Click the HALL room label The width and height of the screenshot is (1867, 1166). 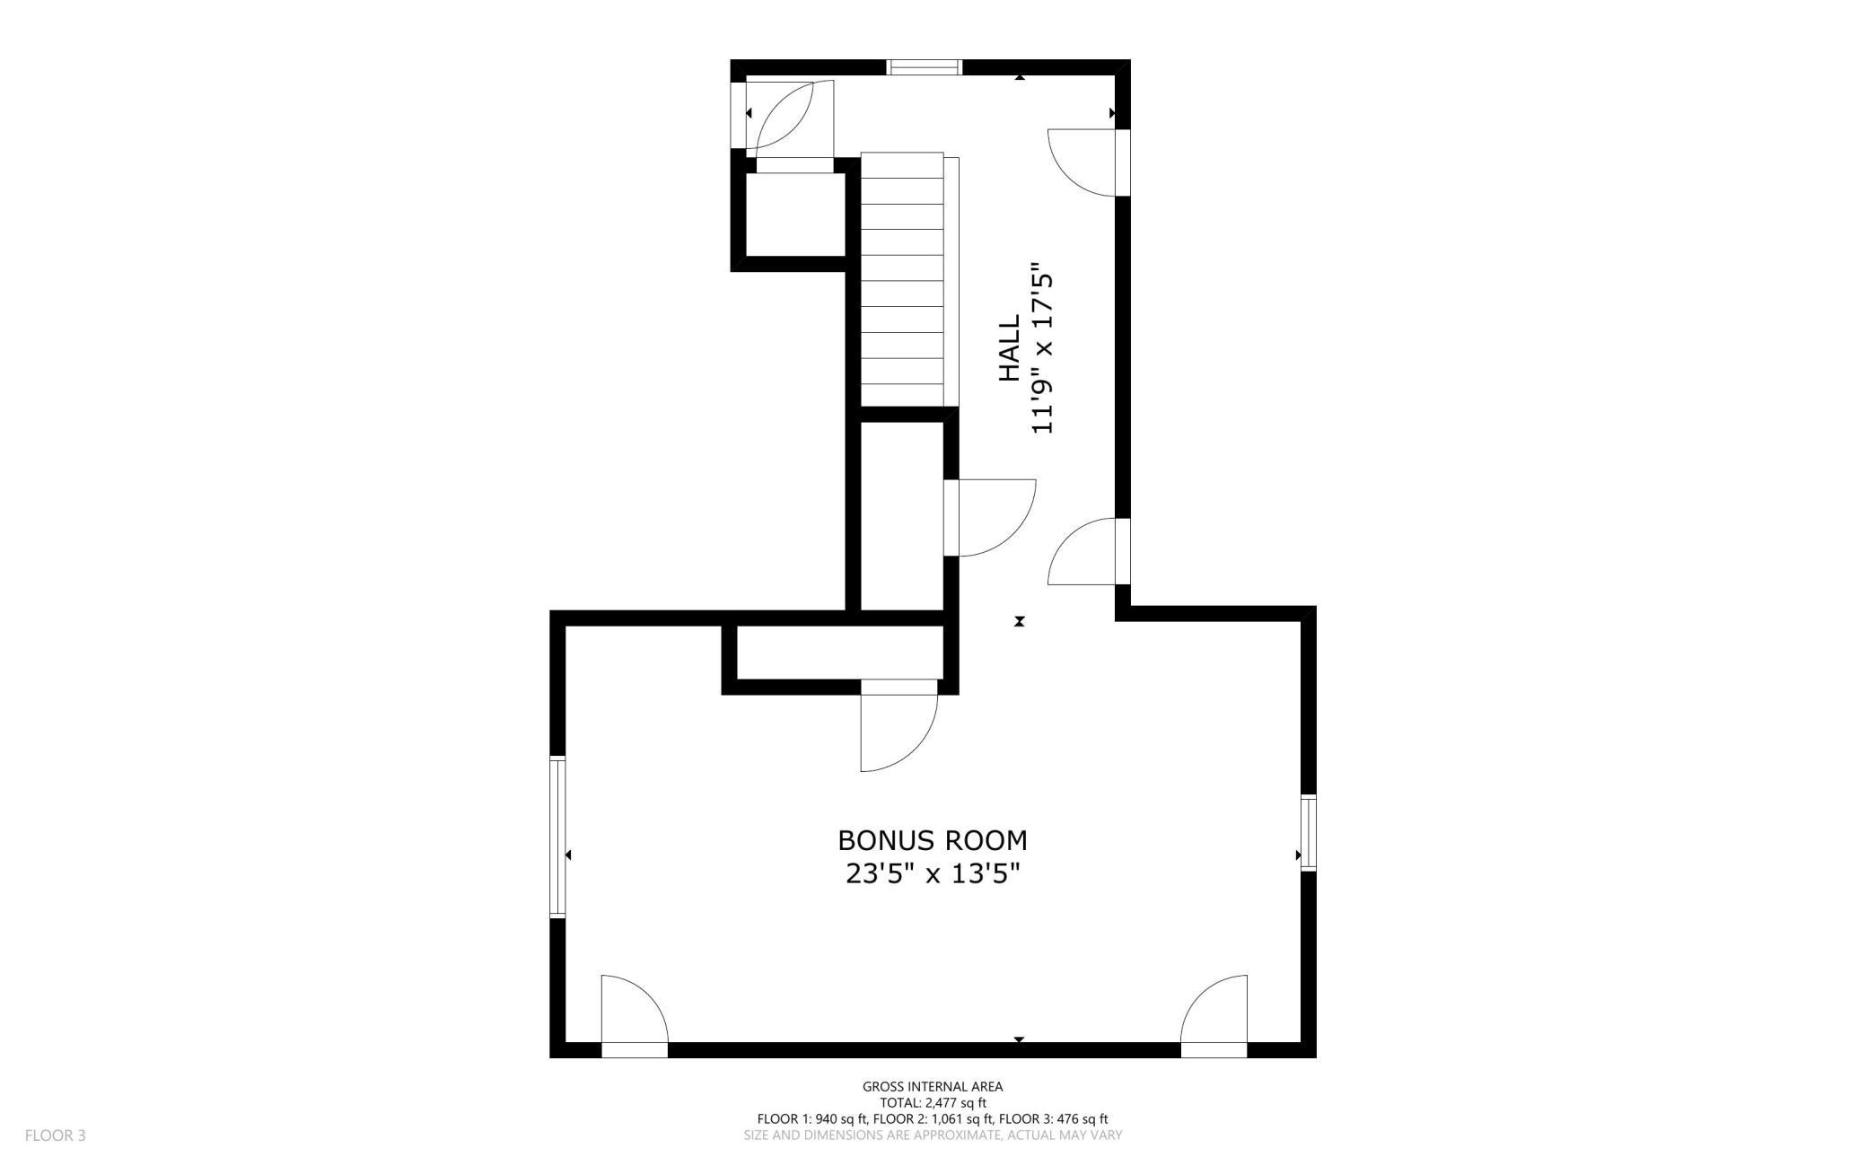pos(1009,347)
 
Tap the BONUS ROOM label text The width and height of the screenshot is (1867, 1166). pos(933,841)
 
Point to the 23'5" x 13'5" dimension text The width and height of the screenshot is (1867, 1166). pos(933,873)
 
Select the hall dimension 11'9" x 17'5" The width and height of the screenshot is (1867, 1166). pos(1041,348)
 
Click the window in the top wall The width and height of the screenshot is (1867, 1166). pos(925,67)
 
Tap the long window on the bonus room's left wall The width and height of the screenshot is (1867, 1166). pos(557,837)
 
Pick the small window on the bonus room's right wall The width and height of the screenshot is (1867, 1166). pos(1309,832)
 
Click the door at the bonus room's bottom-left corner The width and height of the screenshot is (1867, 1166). pos(635,1016)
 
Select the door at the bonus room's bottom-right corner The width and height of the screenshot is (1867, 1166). pos(1214,1016)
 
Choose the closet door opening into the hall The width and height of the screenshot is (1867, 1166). pos(990,518)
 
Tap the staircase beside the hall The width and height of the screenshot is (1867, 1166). pos(903,279)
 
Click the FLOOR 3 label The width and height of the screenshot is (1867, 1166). pos(56,1135)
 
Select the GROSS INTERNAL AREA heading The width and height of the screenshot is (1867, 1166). pos(933,1087)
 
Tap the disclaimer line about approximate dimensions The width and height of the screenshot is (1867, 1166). pos(933,1135)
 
